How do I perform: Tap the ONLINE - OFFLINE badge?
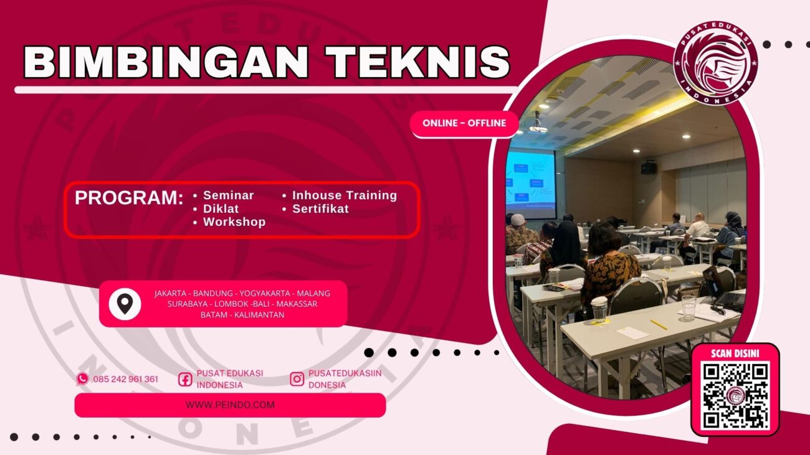464,123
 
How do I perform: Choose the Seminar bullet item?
228,195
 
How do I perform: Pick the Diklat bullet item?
221,209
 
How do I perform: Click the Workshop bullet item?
234,222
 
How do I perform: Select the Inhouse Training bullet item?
344,195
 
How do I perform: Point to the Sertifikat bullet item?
320,209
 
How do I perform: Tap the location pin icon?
125,304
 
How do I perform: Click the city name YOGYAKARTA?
262,293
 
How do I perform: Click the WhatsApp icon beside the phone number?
82,379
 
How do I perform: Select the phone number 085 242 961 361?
125,379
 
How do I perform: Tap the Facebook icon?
185,379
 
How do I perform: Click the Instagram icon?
297,379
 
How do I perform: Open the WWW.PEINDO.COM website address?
230,405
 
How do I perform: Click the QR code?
735,395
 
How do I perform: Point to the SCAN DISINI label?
735,354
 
